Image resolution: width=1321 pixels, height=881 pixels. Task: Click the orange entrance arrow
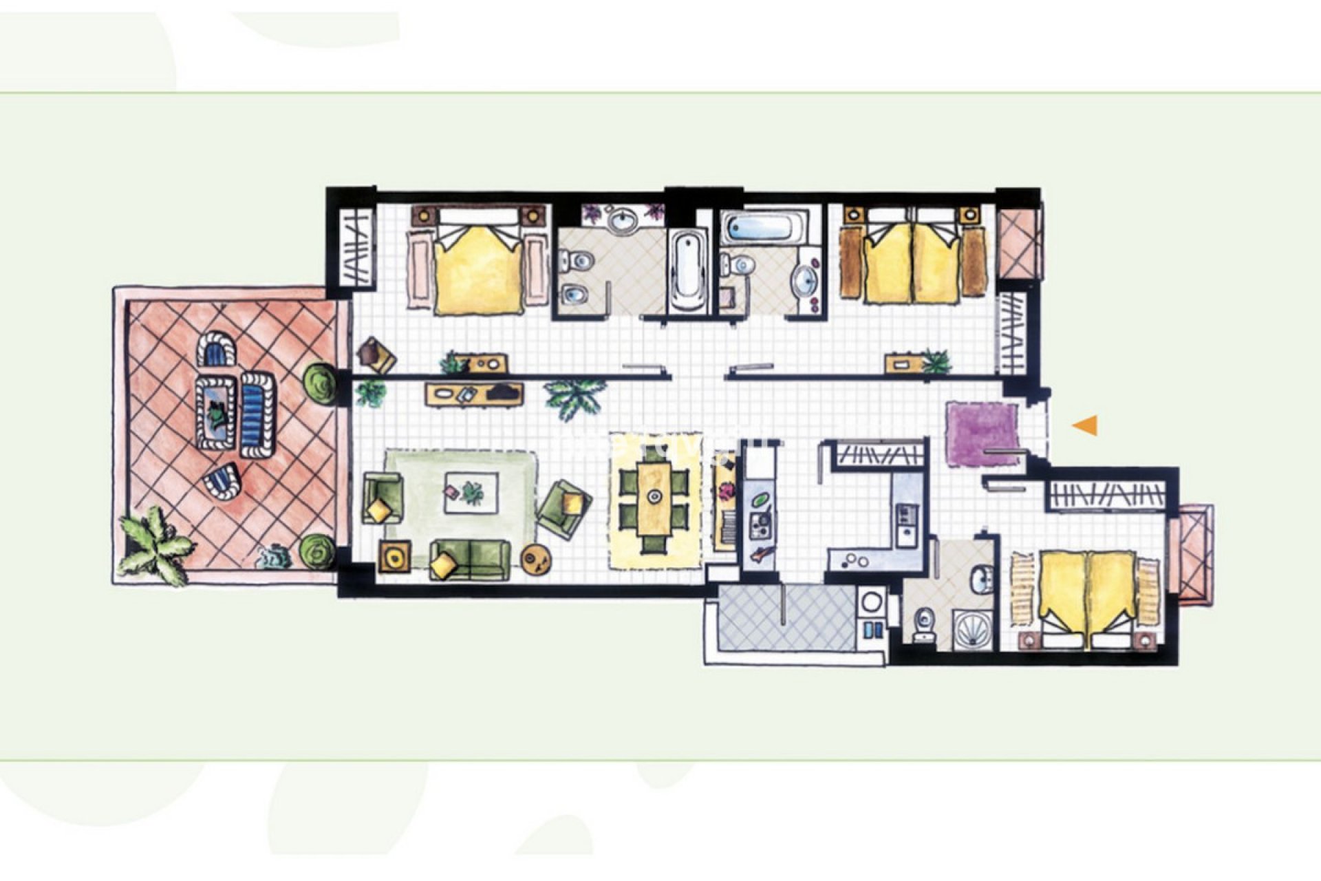1086,426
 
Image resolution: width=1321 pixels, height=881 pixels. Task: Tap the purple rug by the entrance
982,434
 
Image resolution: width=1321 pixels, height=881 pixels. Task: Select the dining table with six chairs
654,506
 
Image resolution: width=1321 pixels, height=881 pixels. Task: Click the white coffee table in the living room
471,491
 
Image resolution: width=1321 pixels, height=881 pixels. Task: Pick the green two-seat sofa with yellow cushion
471,560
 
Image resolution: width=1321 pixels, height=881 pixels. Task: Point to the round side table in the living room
537,559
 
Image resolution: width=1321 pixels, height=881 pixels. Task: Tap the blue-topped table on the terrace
217,411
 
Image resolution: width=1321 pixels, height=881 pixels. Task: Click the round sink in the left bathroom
625,221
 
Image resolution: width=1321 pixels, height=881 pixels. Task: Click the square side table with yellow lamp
395,555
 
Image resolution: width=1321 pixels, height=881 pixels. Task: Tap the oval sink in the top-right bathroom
804,279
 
